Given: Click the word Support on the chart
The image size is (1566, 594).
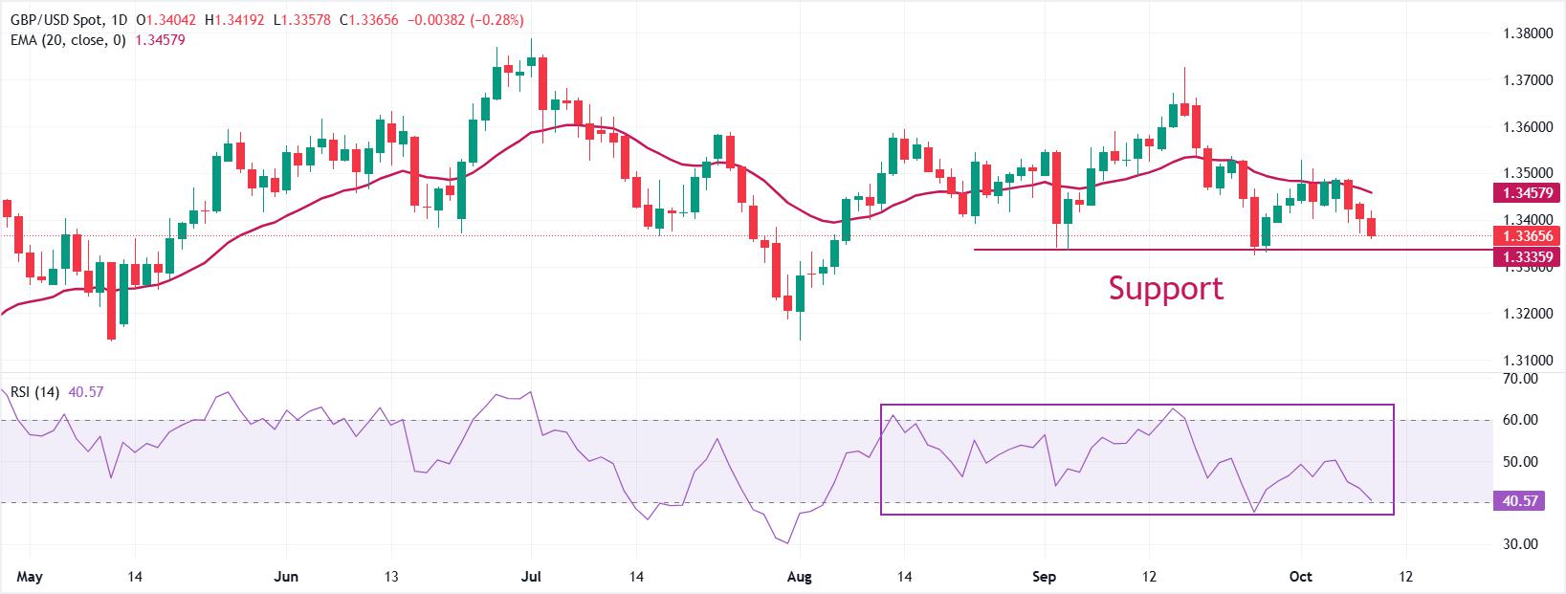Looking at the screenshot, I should (1165, 288).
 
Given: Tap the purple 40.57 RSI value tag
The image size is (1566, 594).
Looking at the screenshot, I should (1517, 500).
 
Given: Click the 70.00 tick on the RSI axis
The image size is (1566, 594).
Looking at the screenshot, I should (1520, 379).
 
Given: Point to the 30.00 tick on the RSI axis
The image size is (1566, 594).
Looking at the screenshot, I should (1520, 543).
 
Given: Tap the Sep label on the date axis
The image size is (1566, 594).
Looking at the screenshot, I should (1045, 577).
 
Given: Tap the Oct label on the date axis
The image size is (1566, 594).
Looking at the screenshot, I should (1301, 577).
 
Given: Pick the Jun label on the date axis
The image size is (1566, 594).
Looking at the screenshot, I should (286, 577).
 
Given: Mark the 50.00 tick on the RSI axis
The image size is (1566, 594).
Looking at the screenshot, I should (1520, 461).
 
